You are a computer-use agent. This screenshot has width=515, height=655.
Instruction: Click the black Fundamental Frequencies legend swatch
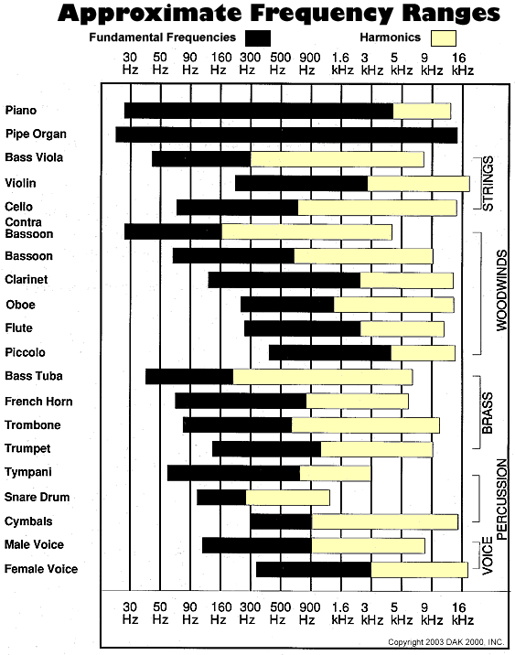258,38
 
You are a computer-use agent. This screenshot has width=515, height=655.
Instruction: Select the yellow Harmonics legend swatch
444,38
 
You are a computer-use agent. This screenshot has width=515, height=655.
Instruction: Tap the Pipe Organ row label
36,134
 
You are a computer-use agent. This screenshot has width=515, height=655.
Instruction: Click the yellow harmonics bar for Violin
418,183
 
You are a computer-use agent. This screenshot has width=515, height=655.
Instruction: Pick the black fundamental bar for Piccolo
329,352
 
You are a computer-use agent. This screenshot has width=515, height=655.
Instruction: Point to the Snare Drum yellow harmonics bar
287,497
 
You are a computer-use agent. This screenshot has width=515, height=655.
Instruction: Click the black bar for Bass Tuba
188,376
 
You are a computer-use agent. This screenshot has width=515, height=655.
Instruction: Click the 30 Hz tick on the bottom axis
131,612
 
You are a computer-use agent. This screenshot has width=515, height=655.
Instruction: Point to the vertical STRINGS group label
488,183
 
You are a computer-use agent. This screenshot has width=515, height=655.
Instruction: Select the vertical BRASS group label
488,412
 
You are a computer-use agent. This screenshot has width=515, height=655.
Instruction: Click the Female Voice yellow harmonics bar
419,569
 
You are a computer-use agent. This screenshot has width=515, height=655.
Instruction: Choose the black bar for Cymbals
281,521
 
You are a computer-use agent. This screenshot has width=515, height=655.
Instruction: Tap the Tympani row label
27,472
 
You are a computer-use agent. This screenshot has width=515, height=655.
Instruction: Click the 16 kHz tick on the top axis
463,63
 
